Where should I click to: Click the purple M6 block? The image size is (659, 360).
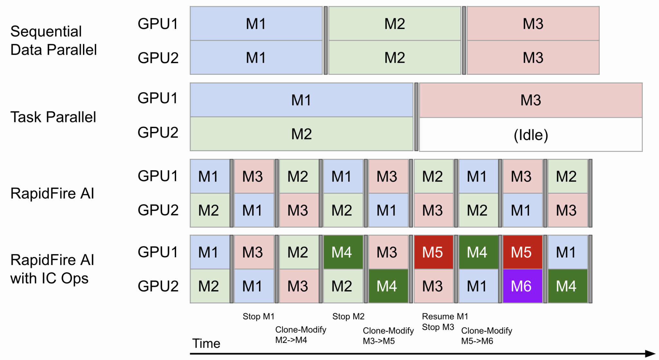coord(522,286)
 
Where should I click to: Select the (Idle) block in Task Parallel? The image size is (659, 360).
coord(531,135)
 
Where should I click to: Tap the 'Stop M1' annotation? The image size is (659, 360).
coord(258,317)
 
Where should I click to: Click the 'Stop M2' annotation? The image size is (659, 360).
coord(348,317)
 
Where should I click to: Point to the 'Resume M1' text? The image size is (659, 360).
coord(445,317)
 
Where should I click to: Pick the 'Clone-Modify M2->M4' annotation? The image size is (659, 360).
coord(301,335)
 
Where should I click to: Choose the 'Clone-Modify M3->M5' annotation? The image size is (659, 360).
coord(388,336)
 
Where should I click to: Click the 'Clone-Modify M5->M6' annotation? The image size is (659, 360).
coord(487,336)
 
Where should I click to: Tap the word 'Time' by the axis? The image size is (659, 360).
coord(206,344)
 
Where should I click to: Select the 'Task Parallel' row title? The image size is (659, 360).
coord(53,117)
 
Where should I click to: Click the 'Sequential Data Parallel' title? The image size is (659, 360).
coord(53,41)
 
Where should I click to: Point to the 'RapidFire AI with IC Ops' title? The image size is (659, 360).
coord(52,269)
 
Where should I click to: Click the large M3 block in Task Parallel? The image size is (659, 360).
coord(531,100)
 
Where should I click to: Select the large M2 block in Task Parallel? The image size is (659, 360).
coord(302,134)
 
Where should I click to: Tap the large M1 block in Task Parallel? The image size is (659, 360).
coord(302,100)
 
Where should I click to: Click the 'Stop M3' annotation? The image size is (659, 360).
coord(438,327)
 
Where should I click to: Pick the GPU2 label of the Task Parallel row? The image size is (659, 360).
coord(158,132)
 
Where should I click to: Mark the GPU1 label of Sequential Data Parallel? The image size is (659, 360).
coord(158,24)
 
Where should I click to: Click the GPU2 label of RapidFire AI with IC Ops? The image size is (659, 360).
coord(158,286)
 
